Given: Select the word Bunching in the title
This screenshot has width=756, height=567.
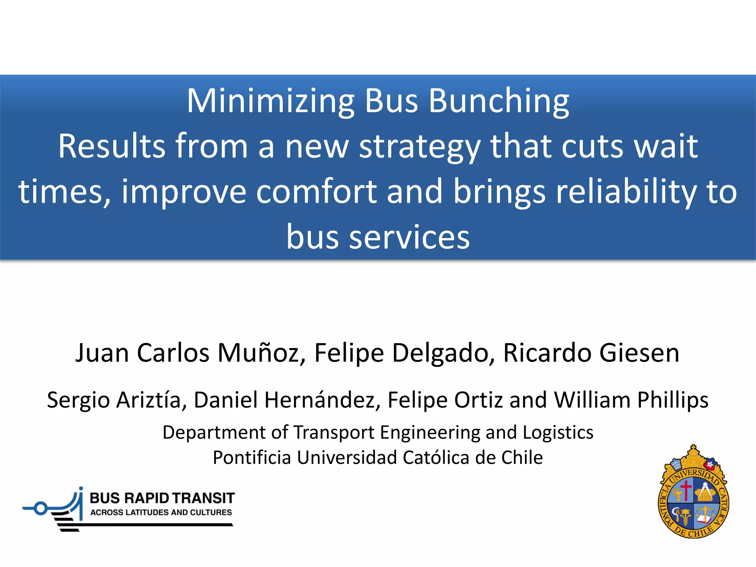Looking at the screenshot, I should coord(499,102).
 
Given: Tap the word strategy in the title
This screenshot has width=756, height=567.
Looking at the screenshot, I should coord(420,147).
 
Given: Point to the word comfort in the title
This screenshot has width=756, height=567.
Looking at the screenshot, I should coord(316,192).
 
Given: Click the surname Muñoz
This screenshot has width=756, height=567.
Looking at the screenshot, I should coord(262,353).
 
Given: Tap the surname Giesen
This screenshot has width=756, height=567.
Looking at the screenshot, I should coord(639,353).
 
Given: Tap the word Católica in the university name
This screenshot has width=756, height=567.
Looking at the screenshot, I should coord(436,458).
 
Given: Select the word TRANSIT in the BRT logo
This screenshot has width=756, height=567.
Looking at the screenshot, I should coord(203,498).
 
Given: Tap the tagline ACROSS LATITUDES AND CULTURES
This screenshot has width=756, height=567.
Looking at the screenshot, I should coord(161,512).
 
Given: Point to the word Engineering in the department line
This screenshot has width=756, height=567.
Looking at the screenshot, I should coord(430,432).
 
